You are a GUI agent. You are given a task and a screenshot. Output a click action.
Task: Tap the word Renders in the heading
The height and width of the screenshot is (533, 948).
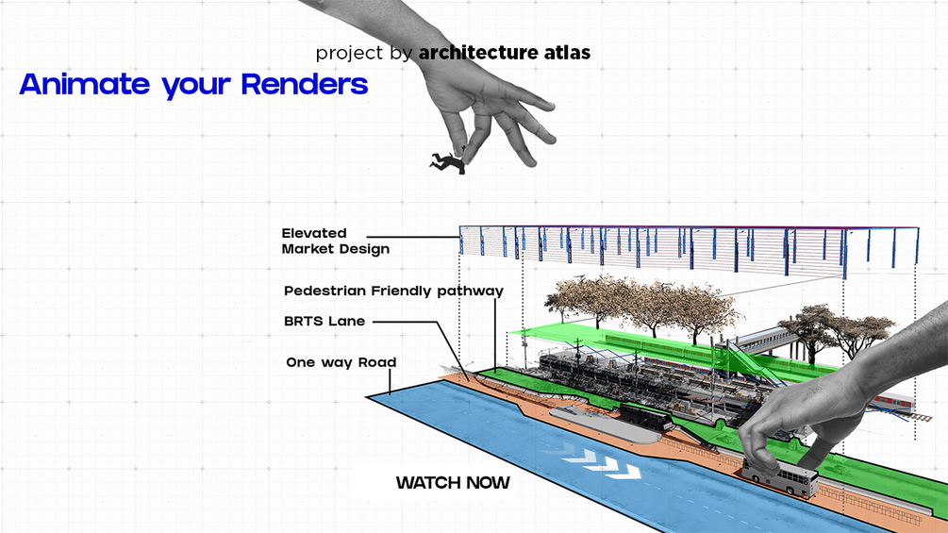pyautogui.click(x=304, y=84)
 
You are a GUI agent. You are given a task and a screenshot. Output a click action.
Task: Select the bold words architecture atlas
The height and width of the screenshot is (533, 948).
pyautogui.click(x=505, y=52)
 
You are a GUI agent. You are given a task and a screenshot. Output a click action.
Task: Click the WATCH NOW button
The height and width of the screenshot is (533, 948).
pyautogui.click(x=453, y=483)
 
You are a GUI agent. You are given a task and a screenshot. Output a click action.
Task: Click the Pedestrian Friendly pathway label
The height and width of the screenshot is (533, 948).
pyautogui.click(x=393, y=291)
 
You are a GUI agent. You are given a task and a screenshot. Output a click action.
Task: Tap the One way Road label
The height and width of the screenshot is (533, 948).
pyautogui.click(x=341, y=362)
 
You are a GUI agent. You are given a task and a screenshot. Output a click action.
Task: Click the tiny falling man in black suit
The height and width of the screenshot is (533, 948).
pyautogui.click(x=448, y=162)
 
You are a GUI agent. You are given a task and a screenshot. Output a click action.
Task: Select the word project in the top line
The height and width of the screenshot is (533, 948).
pyautogui.click(x=351, y=53)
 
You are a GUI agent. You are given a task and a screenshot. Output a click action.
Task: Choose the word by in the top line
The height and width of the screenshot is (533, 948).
pyautogui.click(x=402, y=53)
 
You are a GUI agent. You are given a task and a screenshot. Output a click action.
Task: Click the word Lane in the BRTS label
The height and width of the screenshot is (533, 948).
pyautogui.click(x=345, y=321)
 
